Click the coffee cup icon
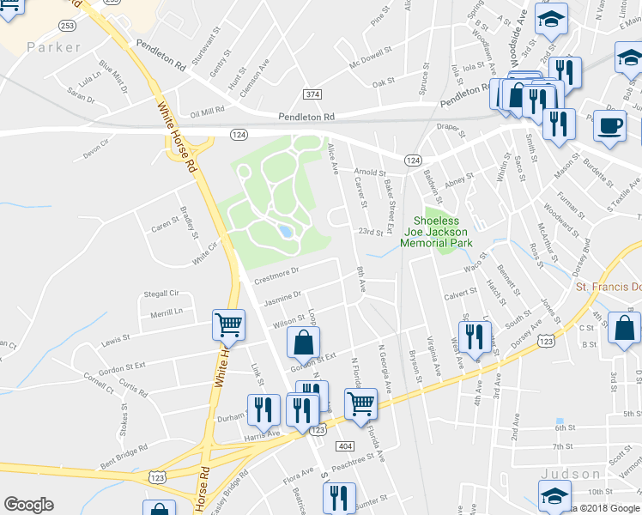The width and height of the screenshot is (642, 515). [610, 125]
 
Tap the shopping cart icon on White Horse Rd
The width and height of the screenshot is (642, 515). [229, 325]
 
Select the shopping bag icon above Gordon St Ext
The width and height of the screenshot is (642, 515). [302, 344]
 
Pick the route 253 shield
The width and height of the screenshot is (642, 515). [67, 27]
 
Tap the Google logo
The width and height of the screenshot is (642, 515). [28, 505]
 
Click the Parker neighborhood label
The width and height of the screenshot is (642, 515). [53, 46]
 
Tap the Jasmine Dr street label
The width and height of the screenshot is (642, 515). [282, 298]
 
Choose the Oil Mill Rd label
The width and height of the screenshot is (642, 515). [207, 112]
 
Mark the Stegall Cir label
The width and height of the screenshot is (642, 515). [165, 294]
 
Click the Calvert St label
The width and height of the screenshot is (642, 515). [460, 294]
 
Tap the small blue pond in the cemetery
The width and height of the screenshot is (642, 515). [284, 231]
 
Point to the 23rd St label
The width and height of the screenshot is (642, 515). [370, 232]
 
